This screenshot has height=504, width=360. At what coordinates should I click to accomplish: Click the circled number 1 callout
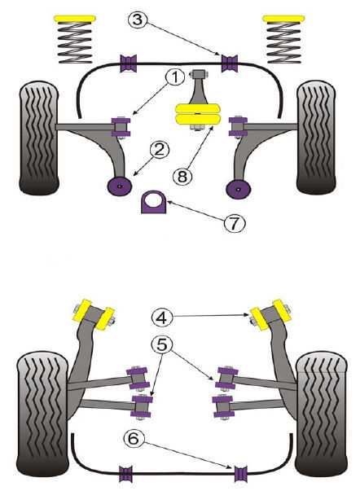coord(175,78)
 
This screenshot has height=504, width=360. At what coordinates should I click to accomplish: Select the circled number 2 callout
coord(160,150)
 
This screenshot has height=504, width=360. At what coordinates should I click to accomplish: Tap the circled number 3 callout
coord(138,20)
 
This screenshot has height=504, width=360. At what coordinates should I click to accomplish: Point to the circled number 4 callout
coord(162,318)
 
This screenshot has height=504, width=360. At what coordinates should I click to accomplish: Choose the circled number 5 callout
coord(162,344)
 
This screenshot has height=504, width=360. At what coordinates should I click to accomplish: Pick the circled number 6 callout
coord(133,438)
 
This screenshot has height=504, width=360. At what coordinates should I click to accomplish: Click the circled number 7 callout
coord(234,222)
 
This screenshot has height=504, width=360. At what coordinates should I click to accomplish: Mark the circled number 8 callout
coord(182,176)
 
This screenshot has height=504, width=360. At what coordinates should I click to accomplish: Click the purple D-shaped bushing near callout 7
coord(154,202)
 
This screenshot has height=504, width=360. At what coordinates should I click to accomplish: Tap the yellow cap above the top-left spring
coord(76,19)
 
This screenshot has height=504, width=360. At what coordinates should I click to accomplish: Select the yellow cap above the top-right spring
coord(283,19)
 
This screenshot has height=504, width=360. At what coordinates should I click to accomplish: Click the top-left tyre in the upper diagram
coord(39,138)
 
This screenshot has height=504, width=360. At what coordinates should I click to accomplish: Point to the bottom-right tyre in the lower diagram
coord(322,414)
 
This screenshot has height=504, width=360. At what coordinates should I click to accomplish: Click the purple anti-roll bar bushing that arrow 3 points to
coord(230,64)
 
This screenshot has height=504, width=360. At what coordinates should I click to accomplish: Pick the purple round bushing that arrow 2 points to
coord(120,186)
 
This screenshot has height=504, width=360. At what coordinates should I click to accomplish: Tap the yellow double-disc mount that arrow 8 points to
coord(198,113)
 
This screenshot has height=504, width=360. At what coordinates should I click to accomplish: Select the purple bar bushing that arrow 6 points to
coord(241,474)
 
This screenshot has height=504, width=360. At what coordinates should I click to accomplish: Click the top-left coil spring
coord(75,42)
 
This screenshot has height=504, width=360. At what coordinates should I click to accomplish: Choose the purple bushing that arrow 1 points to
coord(121,127)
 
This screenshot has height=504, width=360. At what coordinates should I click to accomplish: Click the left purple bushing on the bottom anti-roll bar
coord(126,474)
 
